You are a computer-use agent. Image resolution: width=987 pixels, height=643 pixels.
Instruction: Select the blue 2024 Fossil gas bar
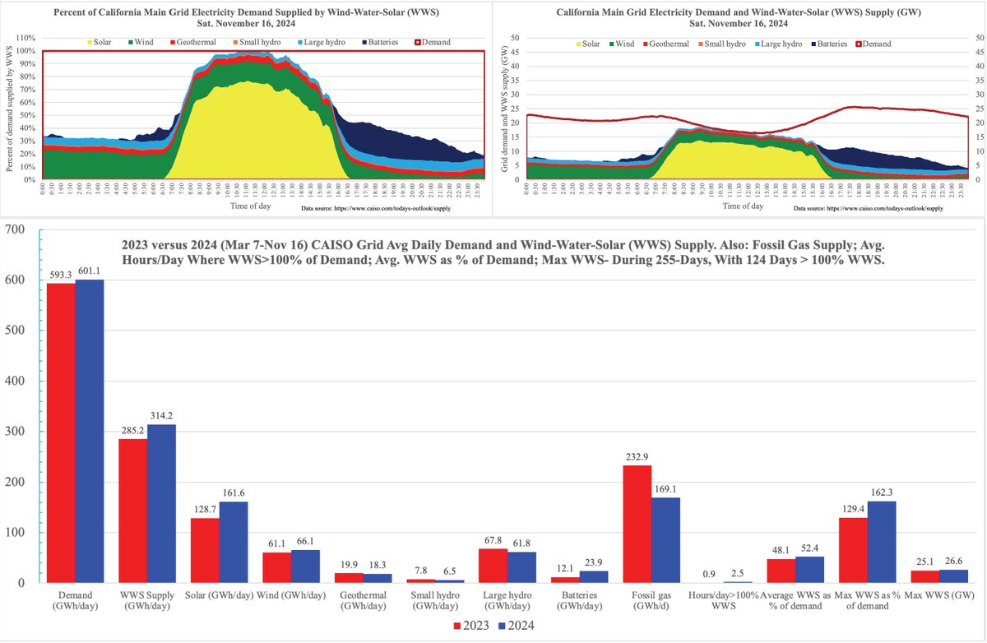click(666, 540)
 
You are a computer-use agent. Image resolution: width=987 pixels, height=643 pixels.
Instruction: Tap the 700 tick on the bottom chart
click(16, 229)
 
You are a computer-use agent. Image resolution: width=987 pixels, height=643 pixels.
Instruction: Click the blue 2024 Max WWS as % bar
click(882, 542)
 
